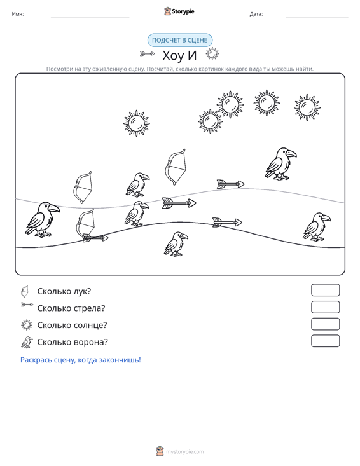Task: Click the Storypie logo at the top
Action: (179, 11)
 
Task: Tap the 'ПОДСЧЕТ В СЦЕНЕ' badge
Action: (180, 40)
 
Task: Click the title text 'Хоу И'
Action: (179, 55)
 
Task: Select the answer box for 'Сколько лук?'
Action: (325, 290)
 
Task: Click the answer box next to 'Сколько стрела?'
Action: (325, 307)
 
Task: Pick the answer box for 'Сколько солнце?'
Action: (325, 324)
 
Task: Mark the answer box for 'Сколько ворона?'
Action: (325, 341)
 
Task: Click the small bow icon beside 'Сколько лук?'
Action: (25, 291)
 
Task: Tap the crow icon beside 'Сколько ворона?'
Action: (27, 342)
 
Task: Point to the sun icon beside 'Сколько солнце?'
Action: (27, 325)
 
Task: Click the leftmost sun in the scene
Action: (137, 123)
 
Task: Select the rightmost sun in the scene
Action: (307, 107)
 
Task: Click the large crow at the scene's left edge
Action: (42, 219)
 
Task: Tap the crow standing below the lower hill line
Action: (176, 244)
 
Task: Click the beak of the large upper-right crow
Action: (291, 154)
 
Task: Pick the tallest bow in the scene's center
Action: (176, 167)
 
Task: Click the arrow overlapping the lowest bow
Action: (95, 238)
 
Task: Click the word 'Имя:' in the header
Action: (18, 14)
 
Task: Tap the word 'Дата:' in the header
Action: (256, 14)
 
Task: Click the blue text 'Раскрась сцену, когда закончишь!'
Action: (81, 360)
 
